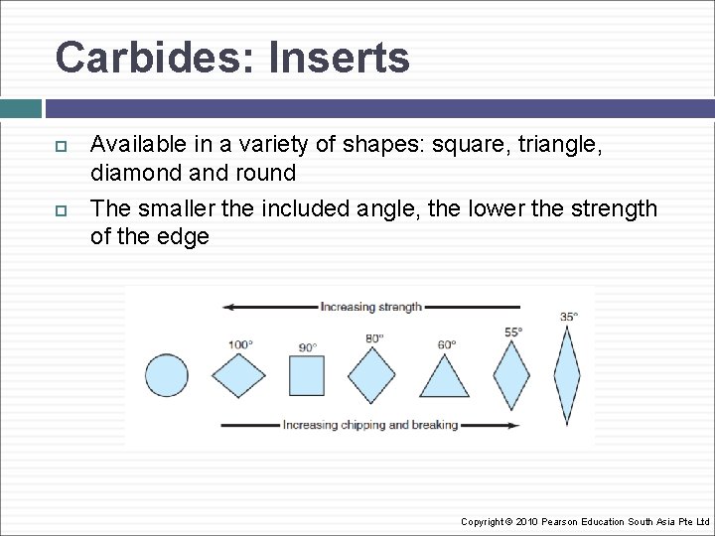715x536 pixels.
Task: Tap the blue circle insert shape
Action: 166,376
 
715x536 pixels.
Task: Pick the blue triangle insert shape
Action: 444,378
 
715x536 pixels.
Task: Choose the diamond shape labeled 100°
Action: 239,376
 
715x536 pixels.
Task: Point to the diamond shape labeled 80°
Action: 371,376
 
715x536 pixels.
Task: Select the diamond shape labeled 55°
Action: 511,376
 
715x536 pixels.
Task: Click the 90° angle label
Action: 308,347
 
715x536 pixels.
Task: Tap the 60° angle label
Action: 447,345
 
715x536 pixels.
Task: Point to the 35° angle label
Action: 568,317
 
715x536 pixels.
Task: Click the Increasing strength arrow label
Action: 370,307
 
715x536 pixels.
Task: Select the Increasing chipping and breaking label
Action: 370,425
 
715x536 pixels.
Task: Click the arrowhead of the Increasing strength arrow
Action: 227,307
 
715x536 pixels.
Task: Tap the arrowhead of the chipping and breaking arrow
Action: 512,425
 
